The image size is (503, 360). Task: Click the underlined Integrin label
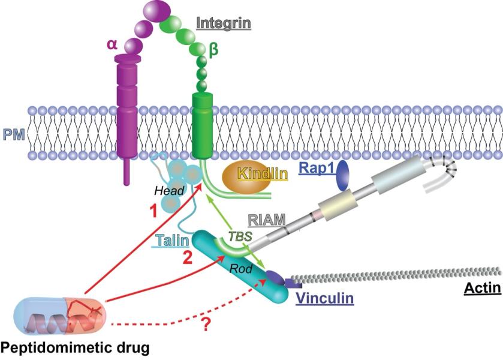pyautogui.click(x=224, y=24)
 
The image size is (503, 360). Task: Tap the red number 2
pyautogui.click(x=187, y=260)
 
